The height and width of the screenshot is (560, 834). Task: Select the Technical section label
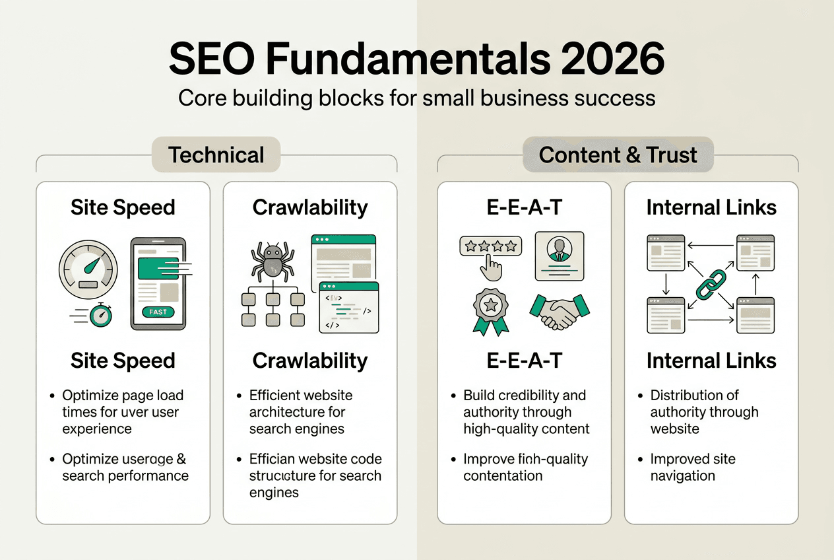click(x=216, y=155)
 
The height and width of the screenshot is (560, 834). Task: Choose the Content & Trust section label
click(x=618, y=155)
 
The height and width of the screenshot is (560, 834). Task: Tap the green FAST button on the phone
click(x=158, y=312)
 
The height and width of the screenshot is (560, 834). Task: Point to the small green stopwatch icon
click(x=101, y=315)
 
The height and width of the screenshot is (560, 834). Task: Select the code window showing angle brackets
click(x=348, y=307)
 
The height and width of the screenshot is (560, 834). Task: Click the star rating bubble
click(x=490, y=246)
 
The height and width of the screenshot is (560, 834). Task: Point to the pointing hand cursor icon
click(x=492, y=267)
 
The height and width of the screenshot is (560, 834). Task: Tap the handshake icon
click(x=560, y=312)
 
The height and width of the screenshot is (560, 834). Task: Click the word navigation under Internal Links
click(x=682, y=475)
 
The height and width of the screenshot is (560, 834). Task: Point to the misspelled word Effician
click(x=276, y=459)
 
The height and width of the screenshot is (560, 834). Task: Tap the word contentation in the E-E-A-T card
click(x=503, y=475)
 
